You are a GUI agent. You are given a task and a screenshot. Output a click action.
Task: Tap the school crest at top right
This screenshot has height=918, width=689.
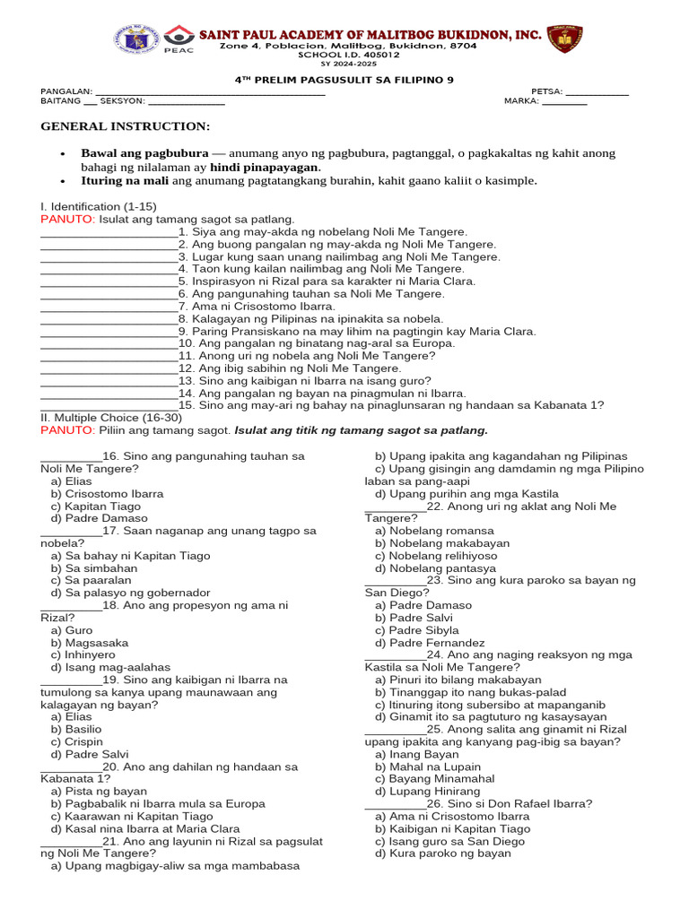pyautogui.click(x=564, y=39)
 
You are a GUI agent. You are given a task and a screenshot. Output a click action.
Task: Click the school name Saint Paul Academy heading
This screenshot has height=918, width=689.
pyautogui.click(x=371, y=34)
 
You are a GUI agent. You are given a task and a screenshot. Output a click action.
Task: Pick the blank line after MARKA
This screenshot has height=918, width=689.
pyautogui.click(x=565, y=102)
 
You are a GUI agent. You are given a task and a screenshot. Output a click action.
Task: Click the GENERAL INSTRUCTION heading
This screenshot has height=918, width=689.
pyautogui.click(x=126, y=126)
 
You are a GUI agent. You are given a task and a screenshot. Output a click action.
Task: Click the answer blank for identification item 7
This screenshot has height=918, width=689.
pyautogui.click(x=109, y=307)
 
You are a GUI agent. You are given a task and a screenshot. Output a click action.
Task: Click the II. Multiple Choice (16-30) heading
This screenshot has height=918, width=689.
pyautogui.click(x=111, y=418)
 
